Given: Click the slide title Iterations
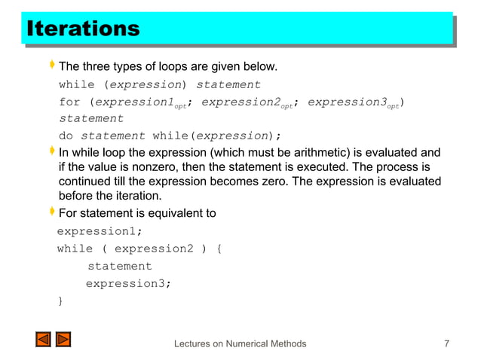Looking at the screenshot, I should click(83, 29).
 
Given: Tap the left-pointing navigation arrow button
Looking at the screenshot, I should click(43, 340).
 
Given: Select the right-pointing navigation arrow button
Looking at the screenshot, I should click(63, 340).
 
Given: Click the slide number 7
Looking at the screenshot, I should click(447, 344).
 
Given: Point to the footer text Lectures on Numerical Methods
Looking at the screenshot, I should click(240, 344).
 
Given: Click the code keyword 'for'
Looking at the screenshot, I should click(69, 102).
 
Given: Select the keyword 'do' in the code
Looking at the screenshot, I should click(66, 136).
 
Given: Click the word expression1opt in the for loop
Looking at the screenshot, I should click(139, 102).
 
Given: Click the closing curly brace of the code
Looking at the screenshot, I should click(60, 301).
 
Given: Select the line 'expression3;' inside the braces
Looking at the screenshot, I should click(128, 283).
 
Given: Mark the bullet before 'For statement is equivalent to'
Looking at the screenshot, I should click(51, 213).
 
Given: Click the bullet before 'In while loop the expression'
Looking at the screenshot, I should click(51, 152).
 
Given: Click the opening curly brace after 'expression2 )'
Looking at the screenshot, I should click(218, 249).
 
